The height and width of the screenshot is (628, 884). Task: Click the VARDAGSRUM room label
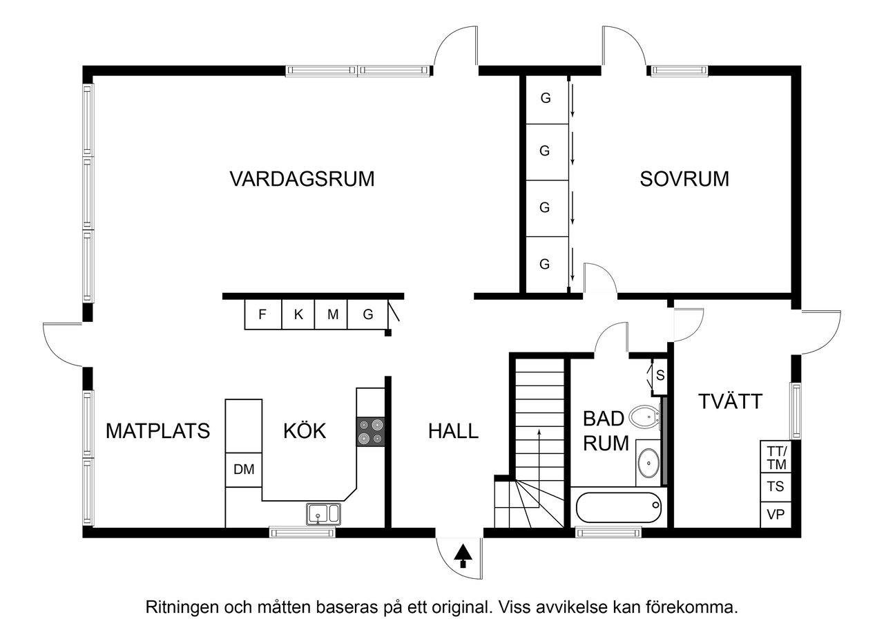[302, 179]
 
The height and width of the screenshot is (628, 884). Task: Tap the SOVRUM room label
[684, 179]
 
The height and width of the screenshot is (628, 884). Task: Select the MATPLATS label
[157, 431]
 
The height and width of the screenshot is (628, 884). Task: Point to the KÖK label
[305, 431]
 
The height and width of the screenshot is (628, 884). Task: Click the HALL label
[453, 431]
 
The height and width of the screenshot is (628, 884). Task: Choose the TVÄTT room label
[730, 401]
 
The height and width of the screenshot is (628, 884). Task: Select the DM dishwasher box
[244, 470]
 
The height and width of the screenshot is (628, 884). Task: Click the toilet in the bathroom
[645, 416]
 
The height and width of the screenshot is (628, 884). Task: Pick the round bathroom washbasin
[648, 463]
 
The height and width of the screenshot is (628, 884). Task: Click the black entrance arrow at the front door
[463, 554]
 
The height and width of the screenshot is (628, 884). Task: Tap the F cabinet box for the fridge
[262, 315]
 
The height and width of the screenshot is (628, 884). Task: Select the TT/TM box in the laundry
[777, 457]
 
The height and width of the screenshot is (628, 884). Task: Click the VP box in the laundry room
[777, 515]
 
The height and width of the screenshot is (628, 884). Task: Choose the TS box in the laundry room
[777, 486]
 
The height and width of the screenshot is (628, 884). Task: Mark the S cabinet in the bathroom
[659, 377]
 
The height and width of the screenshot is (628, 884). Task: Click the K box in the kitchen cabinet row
[298, 315]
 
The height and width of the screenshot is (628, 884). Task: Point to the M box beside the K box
[333, 315]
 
